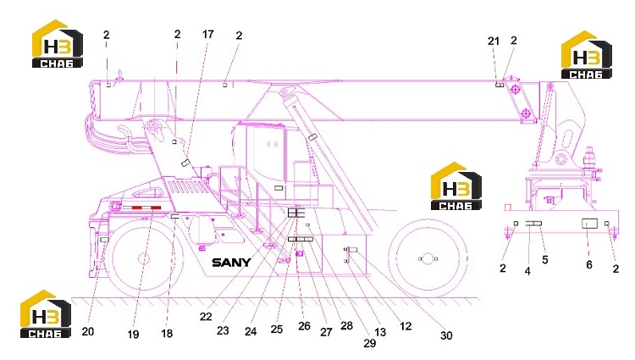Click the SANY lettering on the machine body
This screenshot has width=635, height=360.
coord(231,263)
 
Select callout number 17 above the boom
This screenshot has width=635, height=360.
coord(207,34)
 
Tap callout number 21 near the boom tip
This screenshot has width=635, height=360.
coord(494,41)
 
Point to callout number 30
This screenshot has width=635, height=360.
coord(446,335)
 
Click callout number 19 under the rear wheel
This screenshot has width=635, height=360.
coord(133,335)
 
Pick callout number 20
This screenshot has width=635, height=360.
coord(88,331)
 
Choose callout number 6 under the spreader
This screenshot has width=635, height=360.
coord(589,265)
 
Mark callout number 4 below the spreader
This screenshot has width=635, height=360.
coord(527,271)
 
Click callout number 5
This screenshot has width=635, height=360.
coord(545,260)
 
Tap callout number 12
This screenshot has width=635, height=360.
coord(406,326)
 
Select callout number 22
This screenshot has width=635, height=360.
coord(206,316)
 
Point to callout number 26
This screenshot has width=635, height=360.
coord(304,326)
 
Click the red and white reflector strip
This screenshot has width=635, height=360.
coord(142,208)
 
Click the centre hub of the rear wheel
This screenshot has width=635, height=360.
coord(144,258)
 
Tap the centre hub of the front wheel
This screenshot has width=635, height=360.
coord(428,258)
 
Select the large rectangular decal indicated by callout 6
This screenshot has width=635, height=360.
coord(589,224)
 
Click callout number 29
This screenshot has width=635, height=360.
coord(370,343)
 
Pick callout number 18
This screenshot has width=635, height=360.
coord(167,334)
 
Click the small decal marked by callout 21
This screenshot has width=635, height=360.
coord(500,85)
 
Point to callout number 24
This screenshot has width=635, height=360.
coord(251,331)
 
